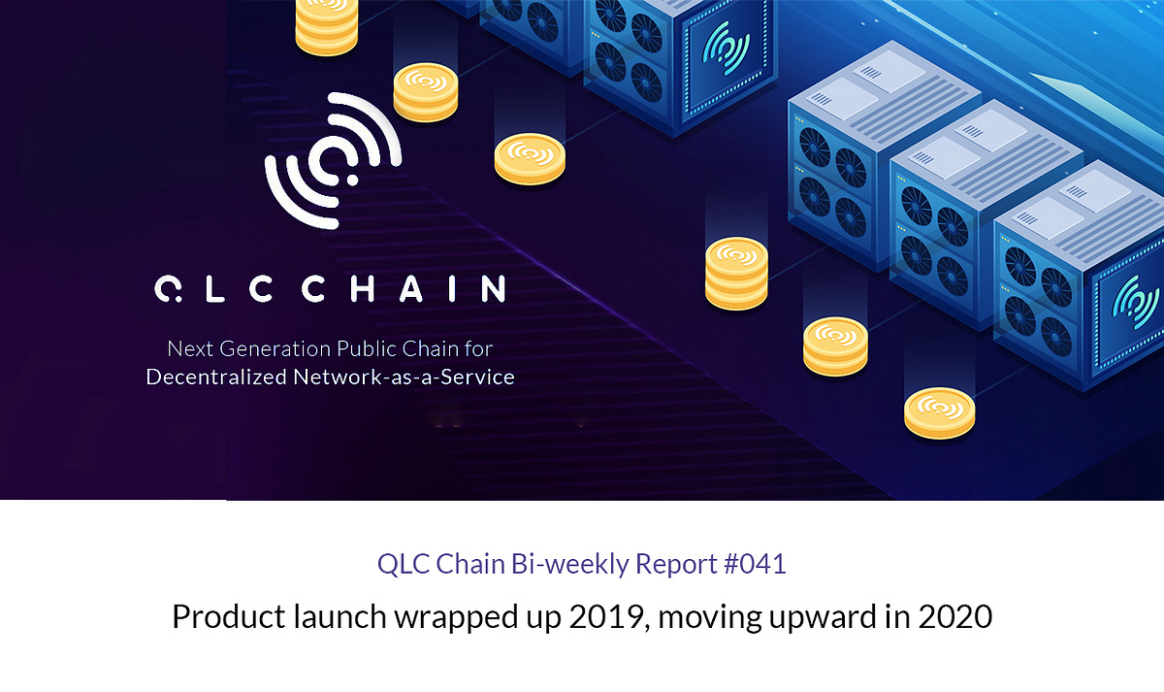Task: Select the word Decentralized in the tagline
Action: (x=216, y=377)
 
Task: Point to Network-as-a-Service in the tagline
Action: (x=404, y=377)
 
